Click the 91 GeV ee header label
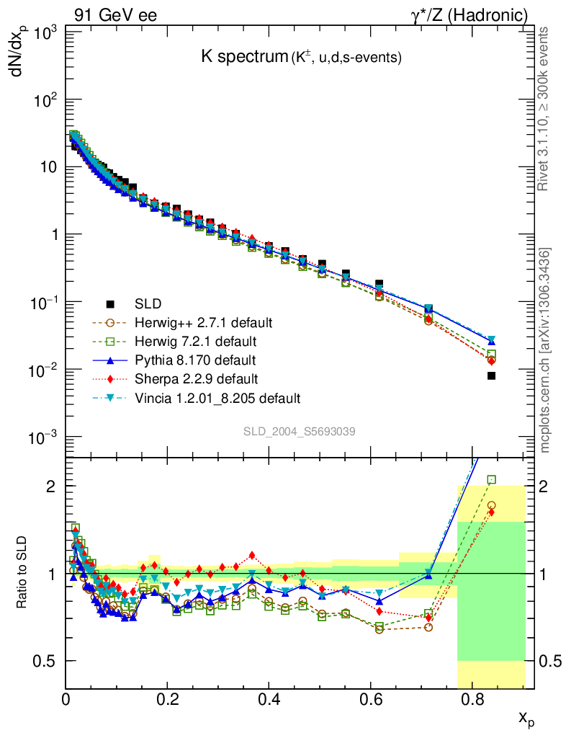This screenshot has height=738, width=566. point(115,15)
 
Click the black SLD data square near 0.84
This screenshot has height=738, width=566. point(491,375)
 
